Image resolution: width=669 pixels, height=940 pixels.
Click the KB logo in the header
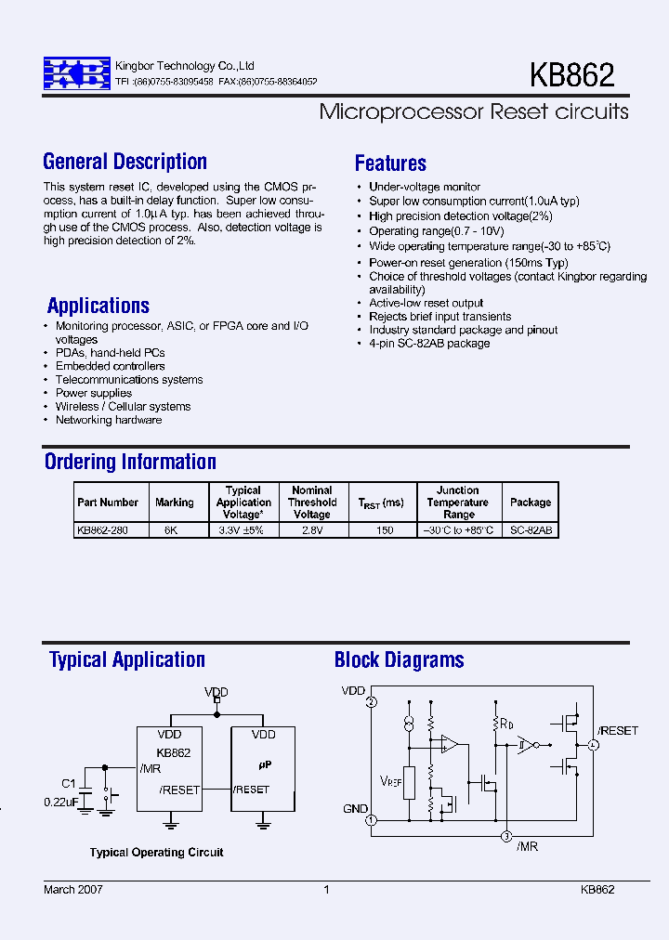(76, 73)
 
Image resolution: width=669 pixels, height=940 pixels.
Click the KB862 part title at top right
(571, 75)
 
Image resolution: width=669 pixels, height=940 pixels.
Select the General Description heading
(125, 162)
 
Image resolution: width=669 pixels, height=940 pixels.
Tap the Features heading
(390, 163)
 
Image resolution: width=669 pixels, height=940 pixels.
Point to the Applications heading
(98, 306)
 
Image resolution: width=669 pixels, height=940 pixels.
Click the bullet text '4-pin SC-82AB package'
(428, 344)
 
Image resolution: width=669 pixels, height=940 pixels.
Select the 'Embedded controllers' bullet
(110, 366)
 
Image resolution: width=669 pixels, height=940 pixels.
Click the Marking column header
(175, 503)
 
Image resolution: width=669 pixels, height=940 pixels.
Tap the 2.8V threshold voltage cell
(311, 530)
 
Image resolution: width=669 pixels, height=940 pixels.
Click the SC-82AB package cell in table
(531, 530)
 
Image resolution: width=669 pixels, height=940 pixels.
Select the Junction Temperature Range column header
(458, 503)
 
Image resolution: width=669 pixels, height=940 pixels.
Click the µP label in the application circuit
(264, 764)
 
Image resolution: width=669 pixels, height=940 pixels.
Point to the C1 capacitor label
(68, 782)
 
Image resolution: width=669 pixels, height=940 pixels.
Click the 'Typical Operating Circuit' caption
(156, 852)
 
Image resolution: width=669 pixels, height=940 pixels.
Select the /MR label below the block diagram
(527, 846)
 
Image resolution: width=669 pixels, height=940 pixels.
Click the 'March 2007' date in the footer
(73, 889)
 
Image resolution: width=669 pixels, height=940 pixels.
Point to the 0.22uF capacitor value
(61, 802)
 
